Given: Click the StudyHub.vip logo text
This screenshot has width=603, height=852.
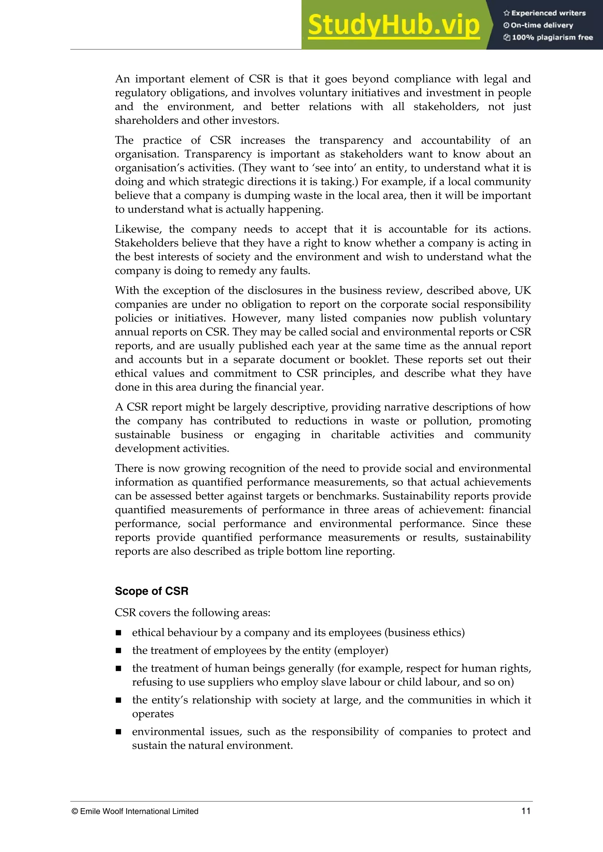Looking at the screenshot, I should point(394,25).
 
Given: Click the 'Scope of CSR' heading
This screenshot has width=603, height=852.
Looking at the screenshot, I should point(152,591).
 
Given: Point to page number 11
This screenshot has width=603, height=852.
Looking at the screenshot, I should point(526,811).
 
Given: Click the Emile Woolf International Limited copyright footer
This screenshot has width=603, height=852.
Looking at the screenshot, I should point(135,811).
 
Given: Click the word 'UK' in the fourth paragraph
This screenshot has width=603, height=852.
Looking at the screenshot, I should point(522,290).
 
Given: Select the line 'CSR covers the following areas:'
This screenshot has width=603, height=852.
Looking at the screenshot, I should point(193,613).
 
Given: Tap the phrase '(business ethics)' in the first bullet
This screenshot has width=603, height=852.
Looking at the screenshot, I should point(424,633).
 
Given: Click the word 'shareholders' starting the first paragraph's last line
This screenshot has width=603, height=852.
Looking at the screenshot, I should point(146,121).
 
